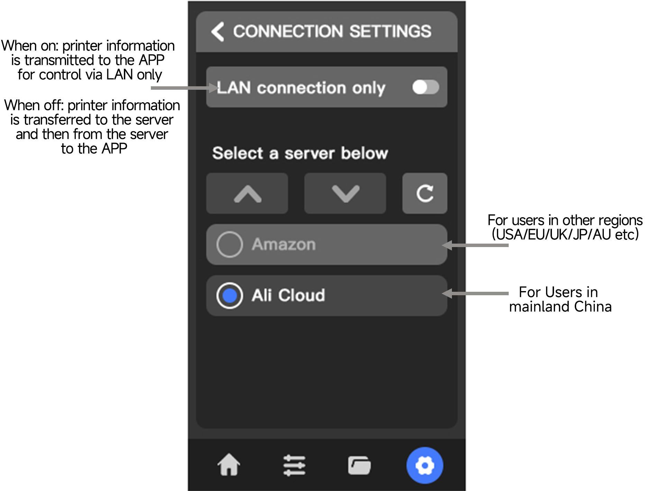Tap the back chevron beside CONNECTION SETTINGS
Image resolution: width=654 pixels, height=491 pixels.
point(218,32)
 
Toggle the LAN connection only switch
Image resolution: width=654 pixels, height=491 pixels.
point(425,87)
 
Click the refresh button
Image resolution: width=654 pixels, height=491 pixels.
point(425,193)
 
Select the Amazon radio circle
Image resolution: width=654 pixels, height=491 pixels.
point(229,245)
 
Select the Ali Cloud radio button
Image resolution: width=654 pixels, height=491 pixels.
point(229,296)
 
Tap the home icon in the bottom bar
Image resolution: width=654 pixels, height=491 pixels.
point(229,465)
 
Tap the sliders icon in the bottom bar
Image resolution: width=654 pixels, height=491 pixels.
point(294,465)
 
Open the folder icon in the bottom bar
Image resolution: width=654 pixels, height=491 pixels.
point(359,465)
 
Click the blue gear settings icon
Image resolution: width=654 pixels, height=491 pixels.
point(425,465)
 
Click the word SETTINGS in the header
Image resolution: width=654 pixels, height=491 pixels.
point(390,32)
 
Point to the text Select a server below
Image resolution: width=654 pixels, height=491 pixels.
point(300,153)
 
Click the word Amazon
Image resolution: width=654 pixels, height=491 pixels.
point(284,245)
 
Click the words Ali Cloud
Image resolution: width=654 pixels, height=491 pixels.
point(288,296)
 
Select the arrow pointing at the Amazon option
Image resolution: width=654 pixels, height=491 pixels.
point(476,245)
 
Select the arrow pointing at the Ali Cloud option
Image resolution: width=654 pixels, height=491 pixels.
point(476,293)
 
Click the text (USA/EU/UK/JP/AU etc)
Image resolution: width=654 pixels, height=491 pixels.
point(565,235)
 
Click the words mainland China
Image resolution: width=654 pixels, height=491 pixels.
point(560,307)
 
